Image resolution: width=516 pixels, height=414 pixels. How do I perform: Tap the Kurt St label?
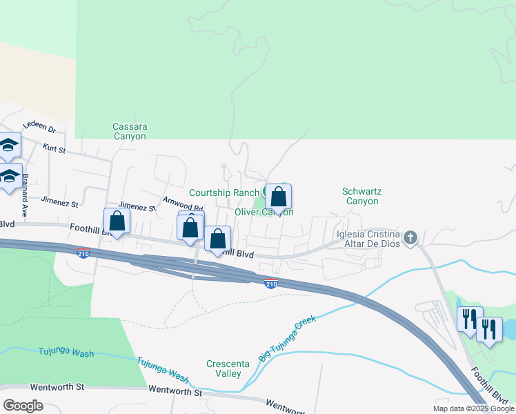click(53, 148)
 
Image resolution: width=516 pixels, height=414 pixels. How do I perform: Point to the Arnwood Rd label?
click(182, 204)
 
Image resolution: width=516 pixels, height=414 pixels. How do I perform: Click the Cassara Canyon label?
click(130, 131)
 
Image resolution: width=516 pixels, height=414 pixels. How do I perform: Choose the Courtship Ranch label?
click(224, 193)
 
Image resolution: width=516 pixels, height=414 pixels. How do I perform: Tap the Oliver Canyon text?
click(264, 212)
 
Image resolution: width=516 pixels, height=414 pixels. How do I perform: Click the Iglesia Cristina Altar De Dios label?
click(368, 239)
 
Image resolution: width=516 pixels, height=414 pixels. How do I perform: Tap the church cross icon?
click(410, 238)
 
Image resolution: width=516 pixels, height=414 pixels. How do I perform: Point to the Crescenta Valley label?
click(224, 368)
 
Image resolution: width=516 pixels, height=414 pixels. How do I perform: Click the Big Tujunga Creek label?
click(286, 339)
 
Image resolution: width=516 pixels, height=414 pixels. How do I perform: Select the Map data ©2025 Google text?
click(473, 408)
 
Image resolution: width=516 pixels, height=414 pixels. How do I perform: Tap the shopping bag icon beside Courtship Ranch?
click(278, 197)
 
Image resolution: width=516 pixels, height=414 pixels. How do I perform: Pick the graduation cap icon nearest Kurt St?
click(8, 145)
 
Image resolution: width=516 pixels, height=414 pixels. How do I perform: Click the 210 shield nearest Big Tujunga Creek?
click(270, 283)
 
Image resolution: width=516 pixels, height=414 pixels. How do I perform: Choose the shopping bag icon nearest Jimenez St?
click(117, 221)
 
